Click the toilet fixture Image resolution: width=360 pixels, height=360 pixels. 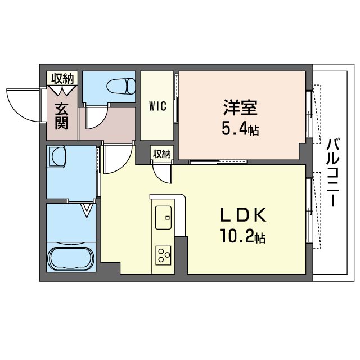(121, 86)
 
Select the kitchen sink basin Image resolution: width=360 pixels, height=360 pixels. (163, 218)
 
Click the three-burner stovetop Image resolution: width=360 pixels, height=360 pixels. (164, 255)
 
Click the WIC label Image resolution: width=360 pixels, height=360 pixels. (157, 106)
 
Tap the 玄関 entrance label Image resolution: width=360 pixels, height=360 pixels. (61, 116)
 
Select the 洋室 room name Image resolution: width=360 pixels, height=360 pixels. (240, 107)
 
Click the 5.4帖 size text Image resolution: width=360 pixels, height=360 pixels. (240, 129)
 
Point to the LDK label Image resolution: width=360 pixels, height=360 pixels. (243, 215)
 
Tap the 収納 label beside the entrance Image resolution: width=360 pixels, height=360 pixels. (62, 79)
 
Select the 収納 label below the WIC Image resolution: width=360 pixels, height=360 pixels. (162, 154)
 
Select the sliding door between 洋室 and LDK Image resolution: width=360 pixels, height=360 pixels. (219, 162)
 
